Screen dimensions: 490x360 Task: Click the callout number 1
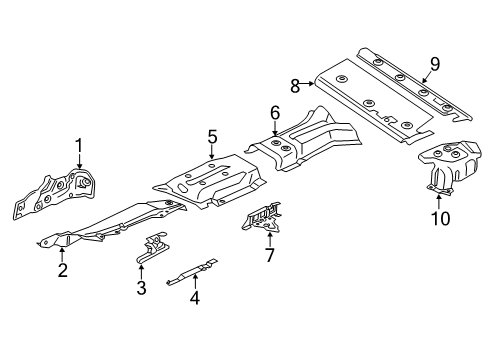tap(79, 146)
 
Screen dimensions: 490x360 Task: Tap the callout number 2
tap(63, 270)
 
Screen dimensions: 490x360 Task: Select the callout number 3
tap(141, 288)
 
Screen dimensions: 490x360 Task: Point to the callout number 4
tap(195, 298)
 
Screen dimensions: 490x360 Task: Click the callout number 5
tap(212, 137)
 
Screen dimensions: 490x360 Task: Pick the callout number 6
tap(275, 114)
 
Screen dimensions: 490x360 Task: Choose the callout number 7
tap(269, 255)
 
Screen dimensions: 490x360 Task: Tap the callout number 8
tap(295, 86)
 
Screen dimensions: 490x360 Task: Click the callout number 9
tap(435, 64)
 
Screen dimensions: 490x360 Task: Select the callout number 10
tap(440, 218)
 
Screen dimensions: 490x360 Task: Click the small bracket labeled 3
tap(152, 248)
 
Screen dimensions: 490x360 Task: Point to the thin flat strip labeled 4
tap(192, 271)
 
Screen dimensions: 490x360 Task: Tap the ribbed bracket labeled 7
tap(262, 217)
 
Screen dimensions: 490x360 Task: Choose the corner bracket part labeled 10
tap(450, 165)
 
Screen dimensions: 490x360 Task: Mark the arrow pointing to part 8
tap(307, 84)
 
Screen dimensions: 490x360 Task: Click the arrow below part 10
tap(439, 202)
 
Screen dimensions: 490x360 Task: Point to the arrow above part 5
tap(212, 152)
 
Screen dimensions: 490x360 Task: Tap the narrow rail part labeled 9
tap(414, 84)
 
